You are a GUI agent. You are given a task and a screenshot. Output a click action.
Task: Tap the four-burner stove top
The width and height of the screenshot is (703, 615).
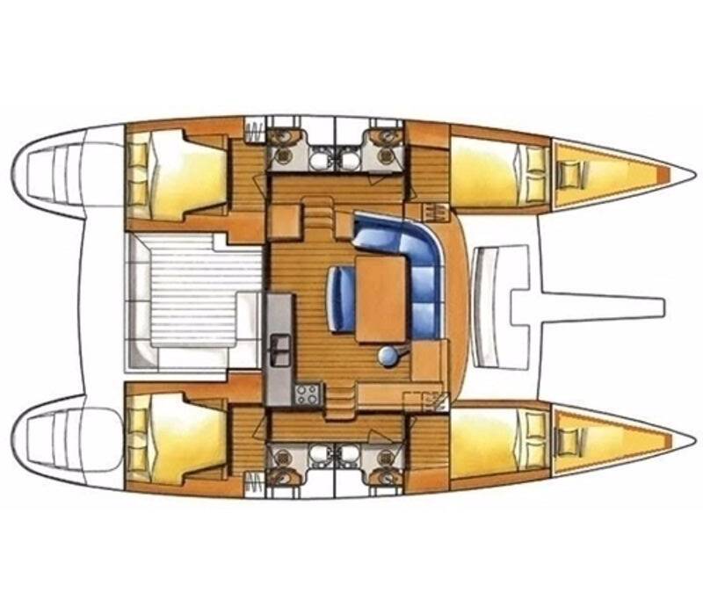click(308, 394)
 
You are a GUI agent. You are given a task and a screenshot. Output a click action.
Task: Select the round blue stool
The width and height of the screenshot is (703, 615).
click(387, 354)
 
